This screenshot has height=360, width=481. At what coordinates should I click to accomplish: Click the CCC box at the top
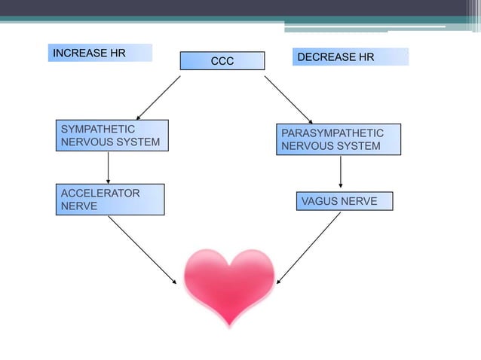(222, 61)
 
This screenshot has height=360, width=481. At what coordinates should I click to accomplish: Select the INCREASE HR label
(100, 53)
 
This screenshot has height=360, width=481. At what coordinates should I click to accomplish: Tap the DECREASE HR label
(350, 57)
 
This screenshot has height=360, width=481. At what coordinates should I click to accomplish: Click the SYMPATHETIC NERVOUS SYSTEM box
(112, 136)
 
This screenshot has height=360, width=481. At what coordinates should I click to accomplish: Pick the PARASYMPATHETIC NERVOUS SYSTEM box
(338, 139)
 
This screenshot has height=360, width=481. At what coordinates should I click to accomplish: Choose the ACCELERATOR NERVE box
(109, 200)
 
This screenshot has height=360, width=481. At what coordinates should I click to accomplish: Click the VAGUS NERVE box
(345, 201)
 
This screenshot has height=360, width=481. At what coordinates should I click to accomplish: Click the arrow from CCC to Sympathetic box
(158, 97)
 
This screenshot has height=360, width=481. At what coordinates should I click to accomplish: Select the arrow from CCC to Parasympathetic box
(288, 99)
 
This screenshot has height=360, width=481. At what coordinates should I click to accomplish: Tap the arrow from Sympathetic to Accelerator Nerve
(109, 167)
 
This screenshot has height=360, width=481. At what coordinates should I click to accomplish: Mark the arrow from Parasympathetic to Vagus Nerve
(341, 172)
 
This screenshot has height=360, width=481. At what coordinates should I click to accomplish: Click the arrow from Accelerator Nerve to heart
(142, 250)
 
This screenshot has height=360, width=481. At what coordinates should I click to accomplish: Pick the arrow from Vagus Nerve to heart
(309, 248)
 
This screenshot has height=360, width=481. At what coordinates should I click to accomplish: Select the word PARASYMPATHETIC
(332, 133)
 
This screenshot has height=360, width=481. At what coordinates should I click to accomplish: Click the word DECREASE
(323, 57)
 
